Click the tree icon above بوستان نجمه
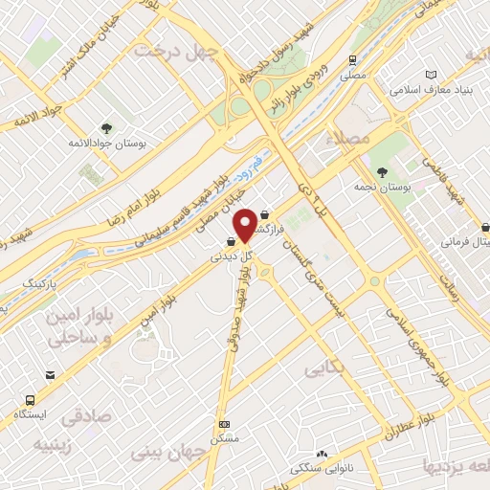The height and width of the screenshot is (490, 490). [382, 172]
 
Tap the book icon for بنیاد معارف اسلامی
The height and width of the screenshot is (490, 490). [431, 75]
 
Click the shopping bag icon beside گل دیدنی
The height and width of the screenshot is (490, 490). [232, 242]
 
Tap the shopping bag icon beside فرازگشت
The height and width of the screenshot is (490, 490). [265, 215]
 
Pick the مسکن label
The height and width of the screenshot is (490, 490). [224, 436]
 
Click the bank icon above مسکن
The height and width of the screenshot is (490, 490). [224, 424]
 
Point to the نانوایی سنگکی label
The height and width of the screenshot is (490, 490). [322, 468]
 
